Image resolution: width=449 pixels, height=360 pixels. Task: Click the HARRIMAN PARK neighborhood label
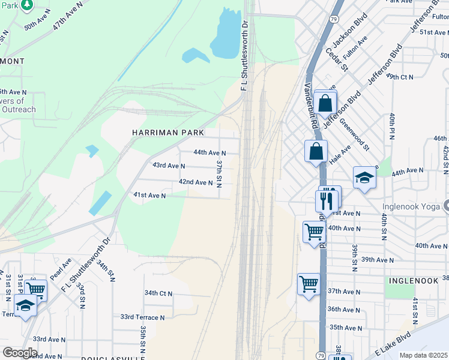click(x=168, y=132)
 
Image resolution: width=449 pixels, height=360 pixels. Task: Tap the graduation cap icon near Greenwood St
click(x=364, y=178)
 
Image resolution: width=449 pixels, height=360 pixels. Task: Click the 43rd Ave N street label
click(x=169, y=165)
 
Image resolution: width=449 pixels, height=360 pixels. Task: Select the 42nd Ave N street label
click(x=196, y=182)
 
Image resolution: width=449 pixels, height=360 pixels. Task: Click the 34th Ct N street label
click(x=158, y=293)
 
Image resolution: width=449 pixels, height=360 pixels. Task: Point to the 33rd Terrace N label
click(x=142, y=317)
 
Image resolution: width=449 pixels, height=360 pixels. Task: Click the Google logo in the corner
click(x=20, y=353)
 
